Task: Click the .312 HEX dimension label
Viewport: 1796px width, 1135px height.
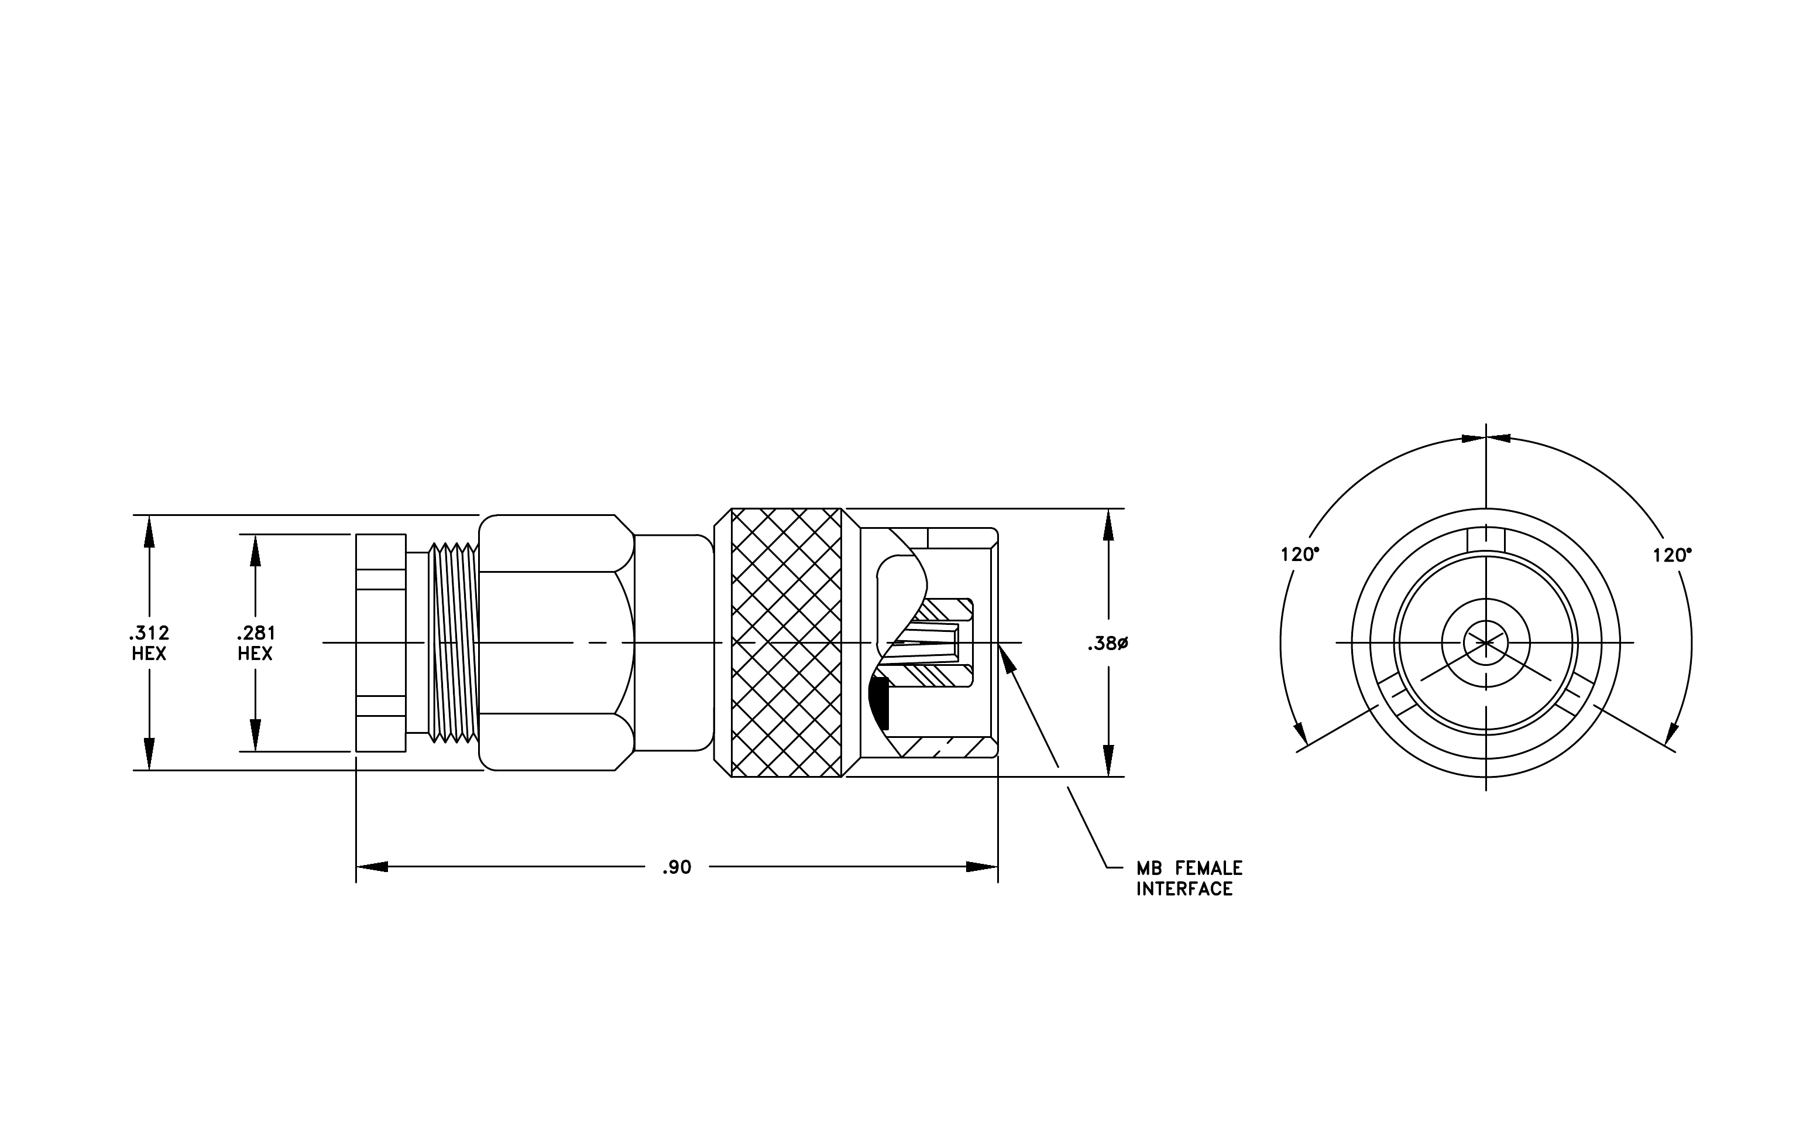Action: point(149,643)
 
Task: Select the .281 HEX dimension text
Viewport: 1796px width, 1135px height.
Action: point(256,643)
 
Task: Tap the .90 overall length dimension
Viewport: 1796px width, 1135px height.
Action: point(677,867)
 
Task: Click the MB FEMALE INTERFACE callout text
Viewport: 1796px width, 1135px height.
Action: point(1190,878)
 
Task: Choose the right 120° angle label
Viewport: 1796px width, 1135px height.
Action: point(1672,555)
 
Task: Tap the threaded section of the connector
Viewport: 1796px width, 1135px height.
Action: point(454,642)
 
